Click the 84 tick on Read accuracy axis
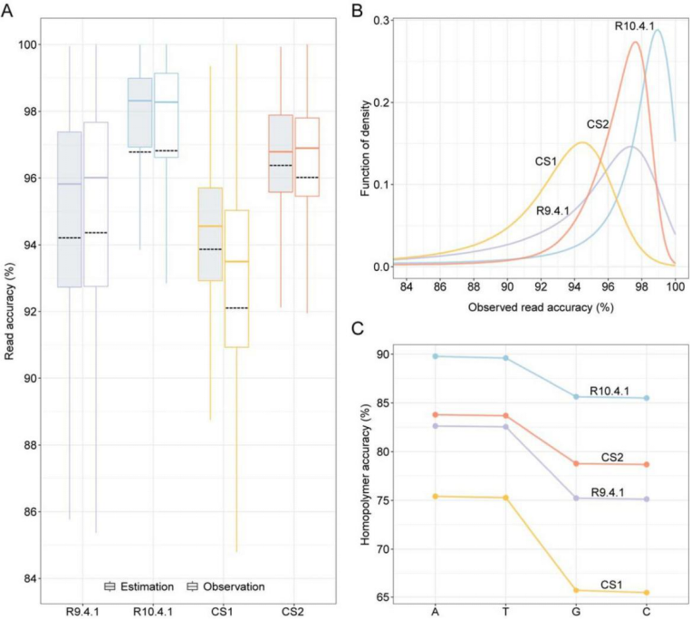coord(32,578)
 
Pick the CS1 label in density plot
coord(545,161)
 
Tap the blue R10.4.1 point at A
coord(436,356)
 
